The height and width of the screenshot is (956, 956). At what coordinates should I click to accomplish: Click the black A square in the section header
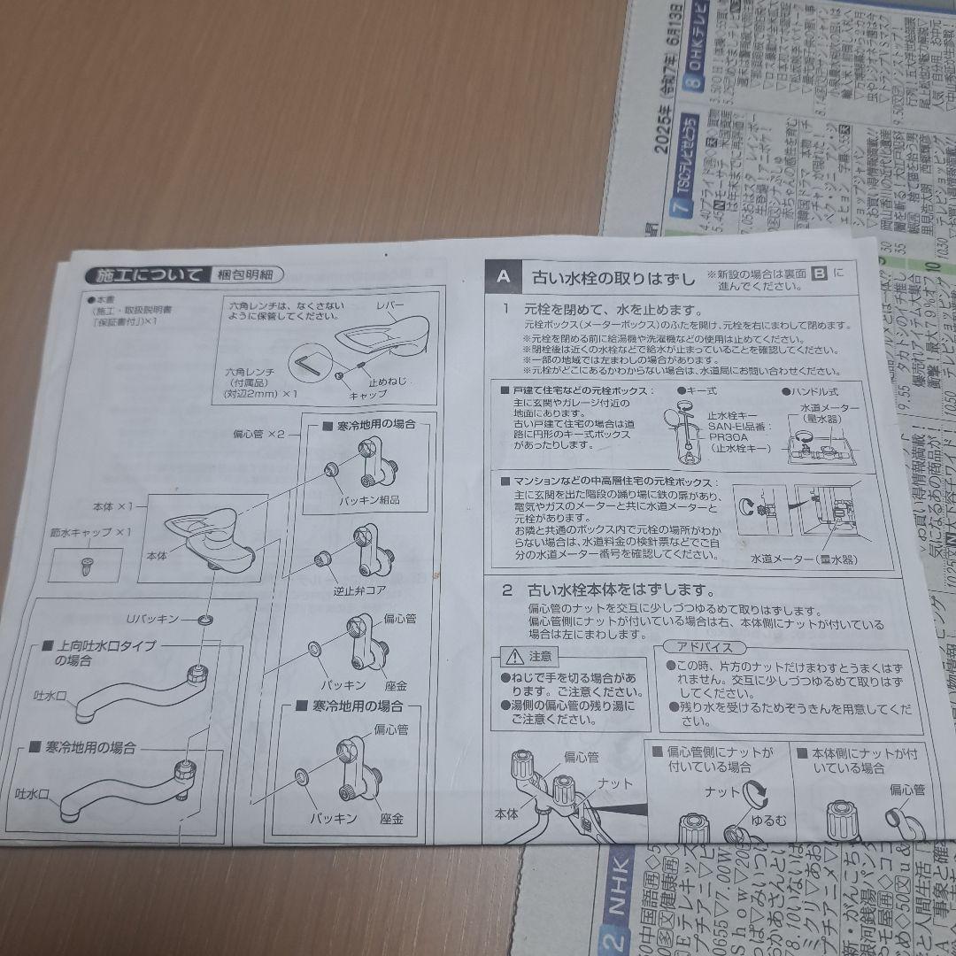pyautogui.click(x=503, y=275)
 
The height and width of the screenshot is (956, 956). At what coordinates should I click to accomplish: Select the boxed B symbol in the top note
pyautogui.click(x=819, y=274)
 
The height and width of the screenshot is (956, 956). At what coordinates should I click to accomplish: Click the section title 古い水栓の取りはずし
pyautogui.click(x=613, y=277)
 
